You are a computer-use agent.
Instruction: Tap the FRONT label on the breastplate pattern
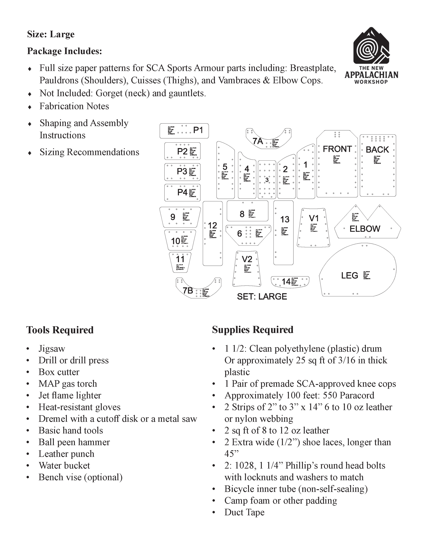pyautogui.click(x=337, y=149)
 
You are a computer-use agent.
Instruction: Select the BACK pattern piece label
pyautogui.click(x=377, y=150)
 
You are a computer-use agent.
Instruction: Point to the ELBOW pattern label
pyautogui.click(x=365, y=229)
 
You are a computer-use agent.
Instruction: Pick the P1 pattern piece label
pyautogui.click(x=198, y=130)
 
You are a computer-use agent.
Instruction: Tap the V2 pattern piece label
pyautogui.click(x=247, y=259)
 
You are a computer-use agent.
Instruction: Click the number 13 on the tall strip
pyautogui.click(x=285, y=220)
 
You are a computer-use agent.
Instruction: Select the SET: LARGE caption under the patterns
pyautogui.click(x=262, y=296)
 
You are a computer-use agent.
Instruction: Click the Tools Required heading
pyautogui.click(x=60, y=330)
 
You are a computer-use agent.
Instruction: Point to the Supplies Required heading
pyautogui.click(x=253, y=330)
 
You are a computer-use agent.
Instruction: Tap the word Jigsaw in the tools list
pyautogui.click(x=52, y=349)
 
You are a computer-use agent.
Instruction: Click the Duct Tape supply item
pyautogui.click(x=244, y=512)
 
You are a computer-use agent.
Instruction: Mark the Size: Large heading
pyautogui.click(x=51, y=34)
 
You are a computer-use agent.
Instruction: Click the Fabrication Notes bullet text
pyautogui.click(x=74, y=106)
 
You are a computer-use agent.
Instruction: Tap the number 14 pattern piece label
pyautogui.click(x=286, y=281)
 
